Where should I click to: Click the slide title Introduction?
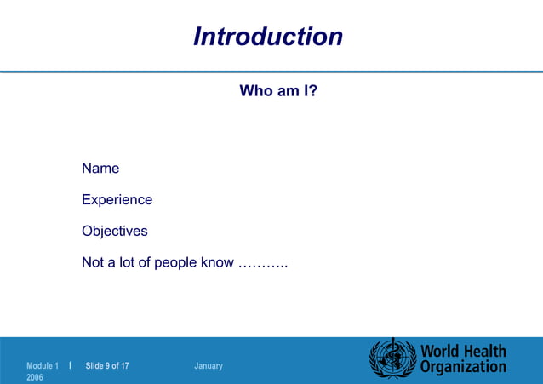[268, 37]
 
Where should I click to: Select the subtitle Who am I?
[278, 90]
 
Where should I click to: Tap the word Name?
[100, 169]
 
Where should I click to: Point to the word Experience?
[117, 200]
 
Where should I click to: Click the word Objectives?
[114, 231]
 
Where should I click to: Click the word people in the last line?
[175, 262]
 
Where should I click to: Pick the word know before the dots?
[217, 262]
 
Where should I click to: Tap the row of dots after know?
[263, 264]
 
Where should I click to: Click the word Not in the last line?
[93, 262]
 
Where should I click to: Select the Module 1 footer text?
[43, 366]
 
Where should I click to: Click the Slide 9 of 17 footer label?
[106, 366]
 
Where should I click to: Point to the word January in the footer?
[209, 366]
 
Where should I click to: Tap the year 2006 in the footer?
[35, 376]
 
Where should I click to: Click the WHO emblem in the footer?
[391, 358]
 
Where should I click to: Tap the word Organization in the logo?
[463, 368]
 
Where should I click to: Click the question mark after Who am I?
[313, 90]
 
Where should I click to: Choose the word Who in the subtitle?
[254, 90]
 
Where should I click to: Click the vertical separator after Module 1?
[70, 365]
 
